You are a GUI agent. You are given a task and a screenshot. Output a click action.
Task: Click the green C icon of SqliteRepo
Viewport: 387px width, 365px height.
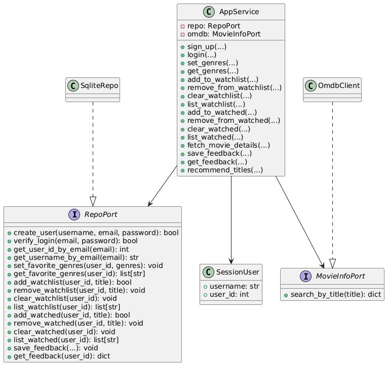coord(74,85)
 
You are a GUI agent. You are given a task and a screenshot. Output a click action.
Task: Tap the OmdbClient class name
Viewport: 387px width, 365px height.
coord(337,85)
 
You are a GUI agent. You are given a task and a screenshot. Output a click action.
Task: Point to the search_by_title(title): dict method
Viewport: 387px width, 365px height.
coord(332,295)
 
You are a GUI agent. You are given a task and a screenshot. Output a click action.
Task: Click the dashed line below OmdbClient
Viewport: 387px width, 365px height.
coord(332,177)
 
